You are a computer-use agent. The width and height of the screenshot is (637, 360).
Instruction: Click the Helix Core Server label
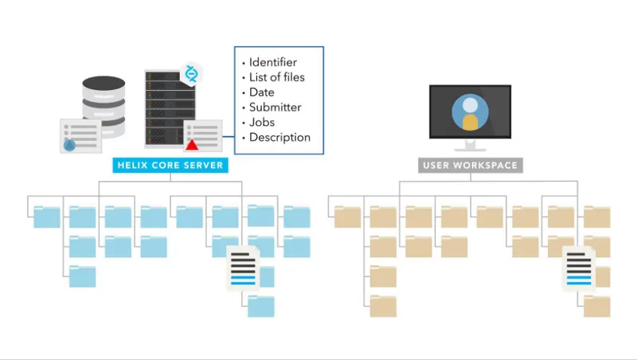tap(170, 165)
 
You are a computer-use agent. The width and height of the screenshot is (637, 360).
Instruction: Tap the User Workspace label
tap(471, 166)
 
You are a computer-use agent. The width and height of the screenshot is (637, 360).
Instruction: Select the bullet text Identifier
tap(272, 62)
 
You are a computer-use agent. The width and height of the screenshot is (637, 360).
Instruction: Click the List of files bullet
tap(276, 77)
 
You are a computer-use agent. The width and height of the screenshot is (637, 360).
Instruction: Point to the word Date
tap(262, 92)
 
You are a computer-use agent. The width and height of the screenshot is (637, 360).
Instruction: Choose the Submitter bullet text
tap(275, 108)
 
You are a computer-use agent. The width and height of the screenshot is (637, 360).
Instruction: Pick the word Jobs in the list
tap(262, 123)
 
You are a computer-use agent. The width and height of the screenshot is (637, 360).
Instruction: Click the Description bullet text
tap(279, 137)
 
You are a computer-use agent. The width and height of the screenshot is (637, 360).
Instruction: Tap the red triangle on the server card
tap(192, 145)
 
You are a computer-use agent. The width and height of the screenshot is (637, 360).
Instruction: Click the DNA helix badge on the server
tap(191, 74)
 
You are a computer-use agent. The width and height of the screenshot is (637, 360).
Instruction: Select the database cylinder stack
tap(104, 106)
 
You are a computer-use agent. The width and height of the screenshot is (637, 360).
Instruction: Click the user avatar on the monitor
tap(470, 112)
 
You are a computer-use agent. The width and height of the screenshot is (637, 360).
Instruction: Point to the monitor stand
tap(470, 146)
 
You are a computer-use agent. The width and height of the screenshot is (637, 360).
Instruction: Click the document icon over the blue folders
tap(243, 268)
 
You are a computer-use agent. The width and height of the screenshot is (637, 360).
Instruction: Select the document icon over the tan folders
tap(579, 269)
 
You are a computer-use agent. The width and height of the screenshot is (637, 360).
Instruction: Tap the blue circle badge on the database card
tap(69, 145)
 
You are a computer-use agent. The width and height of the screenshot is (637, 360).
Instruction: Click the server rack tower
tap(170, 108)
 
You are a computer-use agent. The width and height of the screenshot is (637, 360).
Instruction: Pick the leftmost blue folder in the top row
tap(47, 217)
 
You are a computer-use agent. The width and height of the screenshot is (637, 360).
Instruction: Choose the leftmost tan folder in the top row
tap(347, 217)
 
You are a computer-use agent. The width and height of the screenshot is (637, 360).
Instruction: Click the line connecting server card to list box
tap(229, 136)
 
